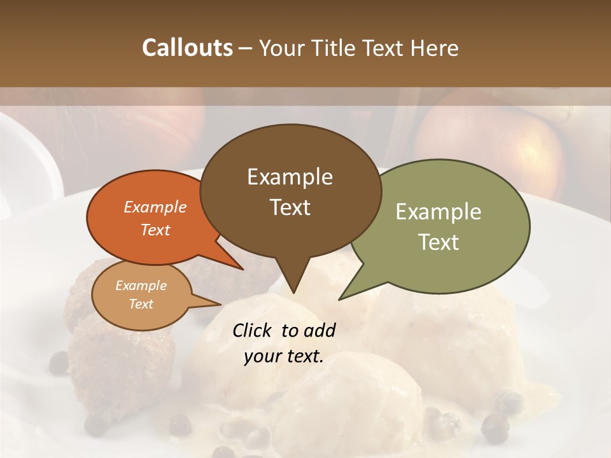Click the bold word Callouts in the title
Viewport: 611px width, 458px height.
tap(187, 48)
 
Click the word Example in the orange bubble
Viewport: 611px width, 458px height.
tap(155, 207)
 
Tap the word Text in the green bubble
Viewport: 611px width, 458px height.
tap(439, 242)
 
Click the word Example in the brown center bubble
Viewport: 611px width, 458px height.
tap(290, 177)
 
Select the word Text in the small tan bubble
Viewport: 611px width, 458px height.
tap(141, 304)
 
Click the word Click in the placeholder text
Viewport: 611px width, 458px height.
tap(253, 330)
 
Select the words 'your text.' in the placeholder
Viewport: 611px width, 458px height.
tap(284, 357)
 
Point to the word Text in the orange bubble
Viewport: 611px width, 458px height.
tap(155, 230)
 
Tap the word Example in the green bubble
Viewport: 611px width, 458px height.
tap(439, 212)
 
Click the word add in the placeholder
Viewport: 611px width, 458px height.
tap(320, 330)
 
